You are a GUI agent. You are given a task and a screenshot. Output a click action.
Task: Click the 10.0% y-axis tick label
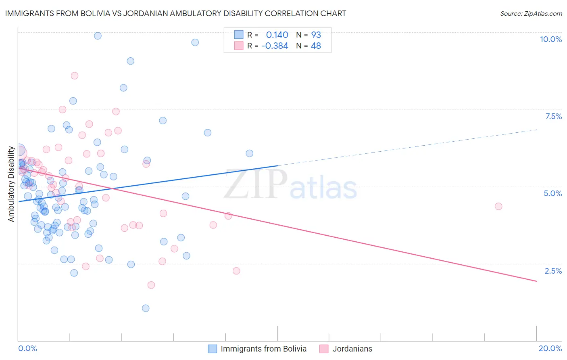click(550, 39)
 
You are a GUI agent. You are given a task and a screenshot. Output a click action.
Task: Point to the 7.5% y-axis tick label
click(553, 116)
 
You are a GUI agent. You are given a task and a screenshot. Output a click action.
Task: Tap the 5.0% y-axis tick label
click(552, 193)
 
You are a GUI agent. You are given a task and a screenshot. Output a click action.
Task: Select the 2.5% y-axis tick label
click(553, 271)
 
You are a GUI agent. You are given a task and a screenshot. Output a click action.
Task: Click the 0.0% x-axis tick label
click(27, 348)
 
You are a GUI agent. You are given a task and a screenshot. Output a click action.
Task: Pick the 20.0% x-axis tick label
click(550, 348)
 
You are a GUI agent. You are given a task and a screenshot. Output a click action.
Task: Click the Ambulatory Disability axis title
click(11, 184)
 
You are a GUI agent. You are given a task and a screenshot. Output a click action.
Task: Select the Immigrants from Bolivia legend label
click(263, 349)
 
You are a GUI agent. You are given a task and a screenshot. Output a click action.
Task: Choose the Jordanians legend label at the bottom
click(352, 349)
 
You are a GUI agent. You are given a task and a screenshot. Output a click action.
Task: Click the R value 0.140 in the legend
click(277, 35)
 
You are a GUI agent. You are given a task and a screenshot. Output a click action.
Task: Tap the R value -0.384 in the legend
click(275, 46)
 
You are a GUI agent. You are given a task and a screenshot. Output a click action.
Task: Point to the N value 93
click(316, 35)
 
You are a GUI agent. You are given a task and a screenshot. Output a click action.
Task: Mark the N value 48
click(316, 46)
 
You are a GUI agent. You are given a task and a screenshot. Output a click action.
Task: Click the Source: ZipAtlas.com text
click(531, 13)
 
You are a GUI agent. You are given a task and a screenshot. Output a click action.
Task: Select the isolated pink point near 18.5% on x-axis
click(498, 206)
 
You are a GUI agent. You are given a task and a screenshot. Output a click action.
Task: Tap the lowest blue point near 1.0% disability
click(146, 308)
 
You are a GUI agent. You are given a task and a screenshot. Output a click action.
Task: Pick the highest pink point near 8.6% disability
click(75, 75)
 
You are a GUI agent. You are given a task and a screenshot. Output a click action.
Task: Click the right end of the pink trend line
click(537, 281)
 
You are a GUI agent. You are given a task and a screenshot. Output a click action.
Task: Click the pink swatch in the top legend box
click(239, 46)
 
